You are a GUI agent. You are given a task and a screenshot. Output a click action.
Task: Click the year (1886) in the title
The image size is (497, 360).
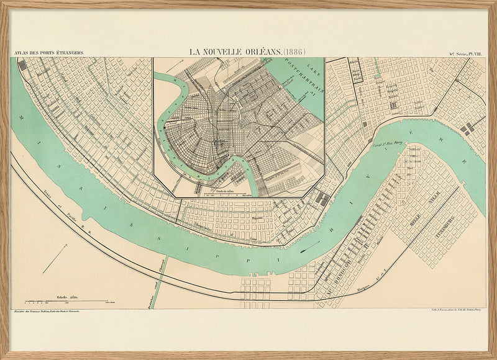pyautogui.click(x=294, y=51)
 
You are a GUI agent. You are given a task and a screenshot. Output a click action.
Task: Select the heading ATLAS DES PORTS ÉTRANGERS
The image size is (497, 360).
pyautogui.click(x=48, y=54)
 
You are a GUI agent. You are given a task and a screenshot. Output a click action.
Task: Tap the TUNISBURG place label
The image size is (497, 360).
pyautogui.click(x=442, y=226)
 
